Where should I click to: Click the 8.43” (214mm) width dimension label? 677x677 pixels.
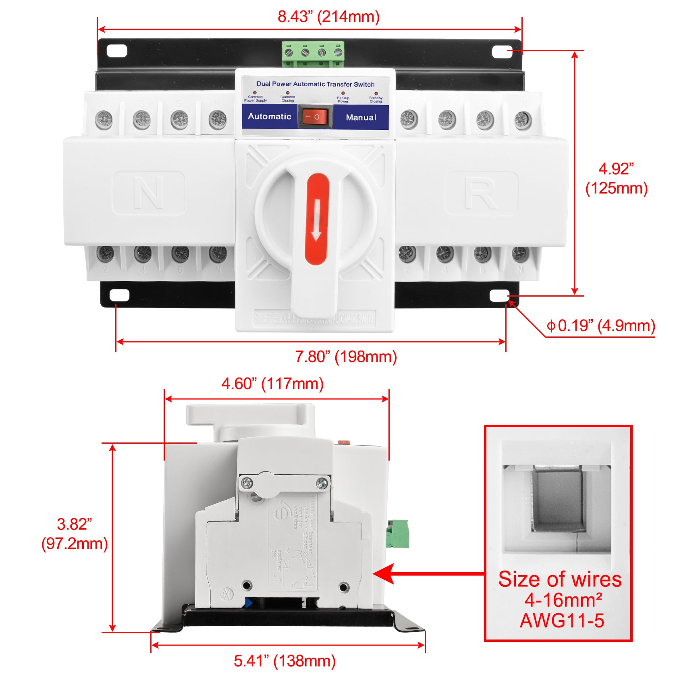tap(328, 17)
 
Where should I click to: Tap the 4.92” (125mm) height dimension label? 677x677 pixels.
tap(616, 179)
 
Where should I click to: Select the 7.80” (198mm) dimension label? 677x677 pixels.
tap(346, 357)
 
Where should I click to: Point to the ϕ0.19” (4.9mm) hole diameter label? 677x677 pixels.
tap(600, 326)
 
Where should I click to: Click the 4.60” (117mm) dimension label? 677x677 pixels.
tap(272, 384)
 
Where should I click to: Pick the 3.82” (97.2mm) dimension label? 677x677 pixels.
tap(75, 534)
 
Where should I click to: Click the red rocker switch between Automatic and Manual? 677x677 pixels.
tap(315, 117)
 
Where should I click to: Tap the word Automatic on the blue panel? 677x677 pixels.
tap(269, 116)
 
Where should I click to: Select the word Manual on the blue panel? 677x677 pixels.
tap(361, 118)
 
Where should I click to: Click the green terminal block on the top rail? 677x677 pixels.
tap(313, 53)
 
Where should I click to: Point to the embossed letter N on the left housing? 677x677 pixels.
tap(149, 193)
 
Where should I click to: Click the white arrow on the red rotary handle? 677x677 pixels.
tap(317, 220)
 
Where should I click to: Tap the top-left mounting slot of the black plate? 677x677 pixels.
tap(117, 51)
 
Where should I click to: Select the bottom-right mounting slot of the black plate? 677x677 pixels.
tap(499, 296)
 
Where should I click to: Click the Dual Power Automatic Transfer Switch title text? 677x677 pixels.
tap(315, 84)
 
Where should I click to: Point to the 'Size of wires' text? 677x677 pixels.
tap(560, 579)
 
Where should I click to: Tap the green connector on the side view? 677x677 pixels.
tap(397, 534)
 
